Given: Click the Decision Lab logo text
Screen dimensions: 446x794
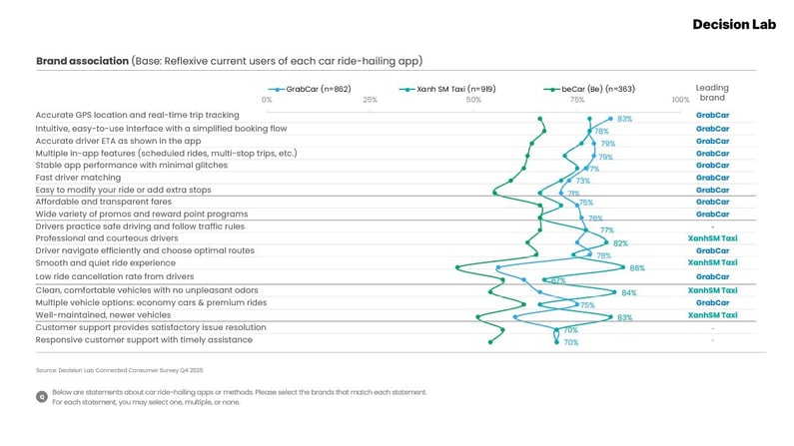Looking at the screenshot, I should point(734,24).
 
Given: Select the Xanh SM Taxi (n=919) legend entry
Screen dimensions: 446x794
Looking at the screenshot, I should point(453,89).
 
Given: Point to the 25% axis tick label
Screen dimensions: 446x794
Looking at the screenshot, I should point(370,100).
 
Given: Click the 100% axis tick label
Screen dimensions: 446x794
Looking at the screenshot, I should point(680,100).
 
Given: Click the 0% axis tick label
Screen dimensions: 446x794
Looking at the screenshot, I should point(267,100).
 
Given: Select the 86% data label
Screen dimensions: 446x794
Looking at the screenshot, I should point(637,268).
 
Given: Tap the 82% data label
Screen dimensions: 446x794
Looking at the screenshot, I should point(620,243).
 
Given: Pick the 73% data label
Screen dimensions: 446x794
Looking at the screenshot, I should point(583,181).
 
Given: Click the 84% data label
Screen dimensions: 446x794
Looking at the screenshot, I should point(629,293).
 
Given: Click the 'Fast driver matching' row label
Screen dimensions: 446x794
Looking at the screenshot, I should point(79,178).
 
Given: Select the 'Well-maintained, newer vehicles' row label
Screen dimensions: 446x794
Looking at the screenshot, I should point(103,315).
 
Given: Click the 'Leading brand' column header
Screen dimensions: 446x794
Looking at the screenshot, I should point(712,93).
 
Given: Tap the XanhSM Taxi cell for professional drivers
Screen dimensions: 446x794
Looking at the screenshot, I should point(712,239).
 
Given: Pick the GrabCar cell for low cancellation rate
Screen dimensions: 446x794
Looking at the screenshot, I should point(712,276).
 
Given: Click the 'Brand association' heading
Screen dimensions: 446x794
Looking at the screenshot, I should point(82,61).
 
